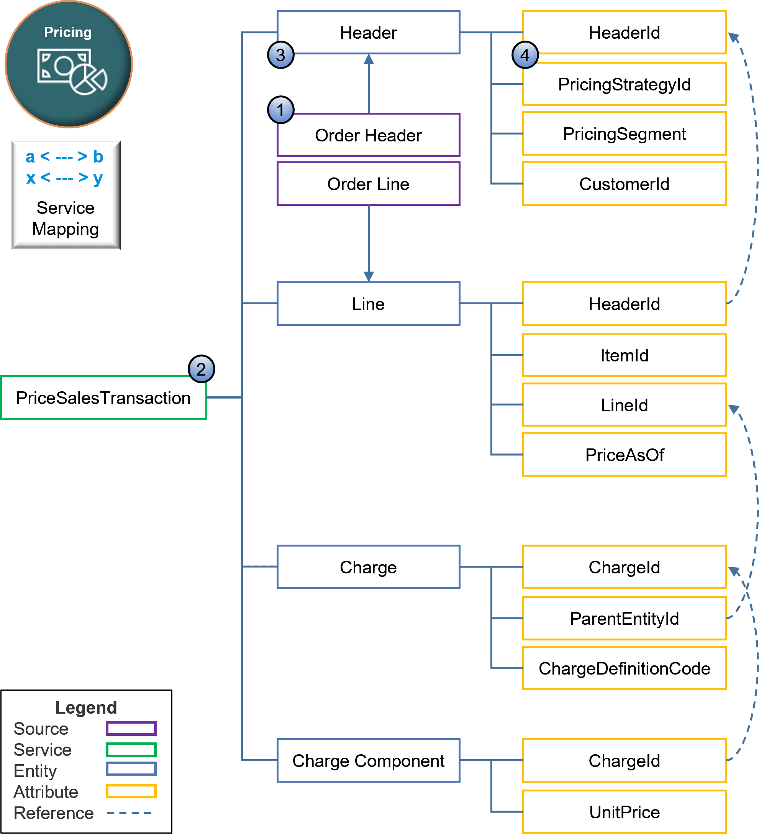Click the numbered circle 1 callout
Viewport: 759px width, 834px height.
(280, 110)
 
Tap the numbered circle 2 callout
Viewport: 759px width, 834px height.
(201, 369)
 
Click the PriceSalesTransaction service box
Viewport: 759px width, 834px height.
(103, 397)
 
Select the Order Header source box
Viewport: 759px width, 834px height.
(368, 135)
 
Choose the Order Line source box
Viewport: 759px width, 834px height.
(368, 184)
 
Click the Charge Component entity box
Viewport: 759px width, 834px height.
(368, 760)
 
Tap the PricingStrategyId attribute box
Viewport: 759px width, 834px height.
(624, 84)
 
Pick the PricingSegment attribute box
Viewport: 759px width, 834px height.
(624, 134)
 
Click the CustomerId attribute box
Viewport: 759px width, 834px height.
(624, 184)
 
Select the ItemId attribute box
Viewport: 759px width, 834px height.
(624, 355)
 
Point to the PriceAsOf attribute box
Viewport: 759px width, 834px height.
(624, 455)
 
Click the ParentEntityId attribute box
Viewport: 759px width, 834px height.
(624, 619)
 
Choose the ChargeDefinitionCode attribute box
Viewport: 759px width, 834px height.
(624, 668)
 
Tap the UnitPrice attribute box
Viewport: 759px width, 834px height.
(624, 812)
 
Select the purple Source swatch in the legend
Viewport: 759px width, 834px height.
(131, 729)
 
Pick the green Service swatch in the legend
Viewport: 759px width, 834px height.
(131, 750)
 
